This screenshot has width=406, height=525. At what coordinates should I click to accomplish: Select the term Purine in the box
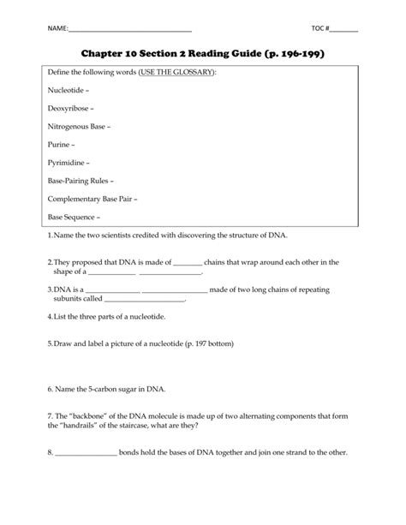tap(60, 146)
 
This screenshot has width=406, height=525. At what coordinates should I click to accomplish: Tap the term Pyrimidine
tap(67, 164)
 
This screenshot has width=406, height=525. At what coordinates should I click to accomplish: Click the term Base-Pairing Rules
tap(80, 182)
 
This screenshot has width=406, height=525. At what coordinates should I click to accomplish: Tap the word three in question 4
tap(88, 316)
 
